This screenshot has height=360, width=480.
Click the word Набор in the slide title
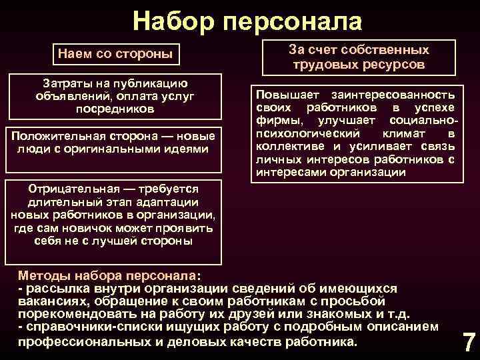[x=173, y=22]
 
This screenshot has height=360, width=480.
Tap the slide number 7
[x=469, y=342]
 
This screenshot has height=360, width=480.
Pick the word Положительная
[x=53, y=136]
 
